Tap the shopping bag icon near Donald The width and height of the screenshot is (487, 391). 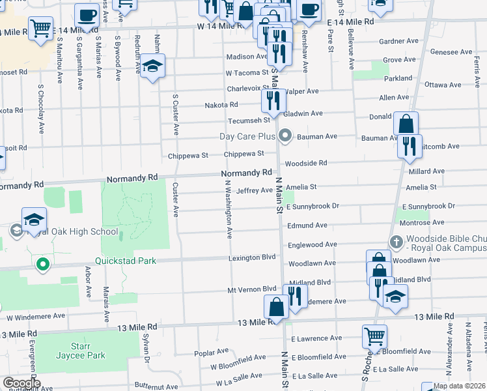[x=406, y=124]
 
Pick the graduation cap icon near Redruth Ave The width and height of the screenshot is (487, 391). [x=152, y=66]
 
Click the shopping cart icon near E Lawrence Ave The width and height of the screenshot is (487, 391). [x=374, y=337]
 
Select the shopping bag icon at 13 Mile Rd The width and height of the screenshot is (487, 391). [x=276, y=308]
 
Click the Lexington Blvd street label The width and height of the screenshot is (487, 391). [x=252, y=257]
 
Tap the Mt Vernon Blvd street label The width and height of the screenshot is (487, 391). [x=252, y=288]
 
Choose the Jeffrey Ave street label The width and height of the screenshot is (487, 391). [x=254, y=190]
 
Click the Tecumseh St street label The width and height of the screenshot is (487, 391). [x=249, y=121]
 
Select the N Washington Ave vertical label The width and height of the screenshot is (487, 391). [x=229, y=210]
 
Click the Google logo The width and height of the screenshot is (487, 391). [x=21, y=383]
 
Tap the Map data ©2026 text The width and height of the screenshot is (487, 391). [x=459, y=386]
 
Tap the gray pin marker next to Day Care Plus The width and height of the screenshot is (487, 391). [x=285, y=136]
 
